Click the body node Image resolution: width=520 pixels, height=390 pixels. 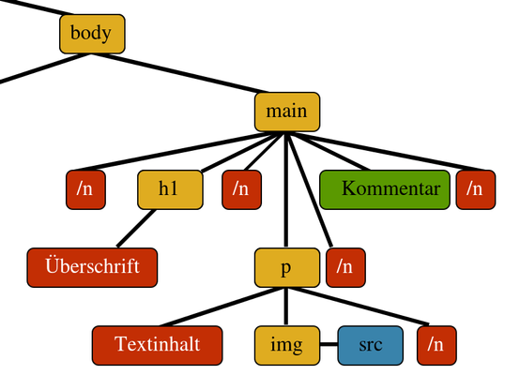[92, 34]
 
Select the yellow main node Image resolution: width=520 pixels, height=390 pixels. [287, 112]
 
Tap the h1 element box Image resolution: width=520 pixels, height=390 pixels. [170, 190]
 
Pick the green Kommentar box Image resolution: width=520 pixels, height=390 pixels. [385, 190]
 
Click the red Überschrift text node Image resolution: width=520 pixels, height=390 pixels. [92, 268]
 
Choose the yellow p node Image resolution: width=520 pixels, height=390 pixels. [287, 268]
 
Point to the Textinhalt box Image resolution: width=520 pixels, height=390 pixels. [157, 346]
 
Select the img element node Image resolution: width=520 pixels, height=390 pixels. [287, 346]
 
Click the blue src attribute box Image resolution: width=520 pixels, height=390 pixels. [371, 346]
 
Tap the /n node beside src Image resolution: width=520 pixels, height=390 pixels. [436, 346]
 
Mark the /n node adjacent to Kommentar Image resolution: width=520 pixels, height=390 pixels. [476, 190]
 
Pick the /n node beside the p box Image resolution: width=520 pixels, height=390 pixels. [346, 268]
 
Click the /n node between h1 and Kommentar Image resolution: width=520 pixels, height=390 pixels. [242, 190]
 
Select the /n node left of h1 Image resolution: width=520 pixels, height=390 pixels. [86, 190]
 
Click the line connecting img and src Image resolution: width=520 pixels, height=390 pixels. [329, 345]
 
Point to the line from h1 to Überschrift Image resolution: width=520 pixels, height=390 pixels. [136, 229]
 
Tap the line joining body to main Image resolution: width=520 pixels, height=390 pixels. [179, 73]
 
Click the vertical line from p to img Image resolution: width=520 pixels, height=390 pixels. [286, 307]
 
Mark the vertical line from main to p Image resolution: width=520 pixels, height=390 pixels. [286, 190]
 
